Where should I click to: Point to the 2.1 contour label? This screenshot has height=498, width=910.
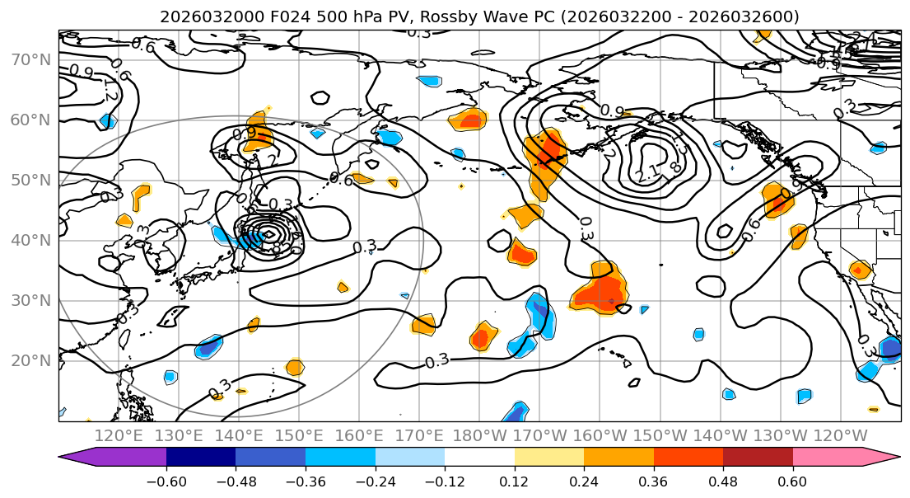click(647, 175)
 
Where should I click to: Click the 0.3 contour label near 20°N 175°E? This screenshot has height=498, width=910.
click(436, 361)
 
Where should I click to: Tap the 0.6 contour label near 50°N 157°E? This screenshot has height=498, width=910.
click(341, 178)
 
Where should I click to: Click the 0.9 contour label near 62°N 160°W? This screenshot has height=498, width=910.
click(611, 110)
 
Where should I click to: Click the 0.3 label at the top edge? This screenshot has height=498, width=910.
click(418, 33)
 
